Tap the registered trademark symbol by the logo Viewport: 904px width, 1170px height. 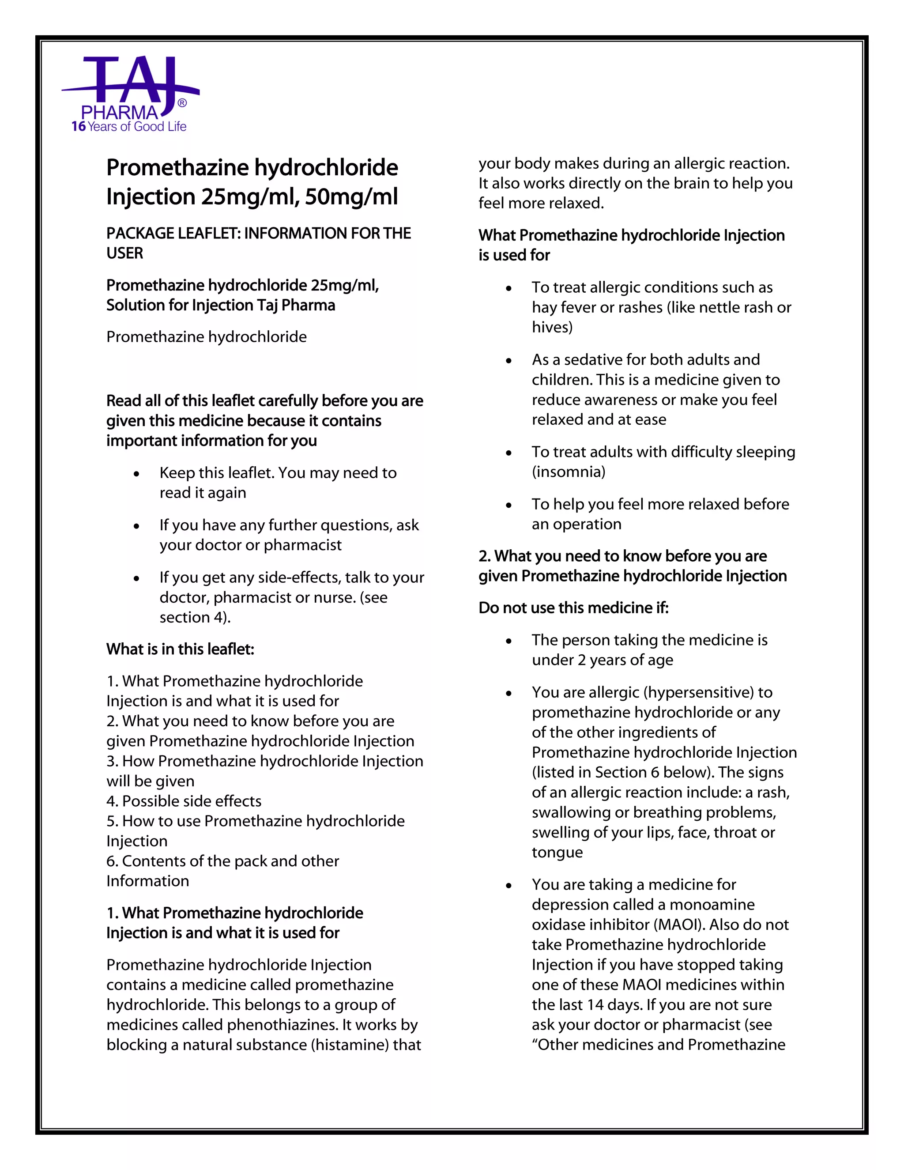point(182,103)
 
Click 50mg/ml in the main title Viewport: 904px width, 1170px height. point(351,196)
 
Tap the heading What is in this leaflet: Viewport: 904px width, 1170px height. point(180,649)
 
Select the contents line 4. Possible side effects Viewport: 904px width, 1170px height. point(184,801)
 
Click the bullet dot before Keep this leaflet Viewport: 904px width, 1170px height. point(137,474)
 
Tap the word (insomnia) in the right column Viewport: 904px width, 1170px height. point(568,472)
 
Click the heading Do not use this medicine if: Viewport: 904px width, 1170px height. point(573,608)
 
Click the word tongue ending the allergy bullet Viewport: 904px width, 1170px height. point(557,852)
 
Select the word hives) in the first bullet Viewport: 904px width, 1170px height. point(552,327)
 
